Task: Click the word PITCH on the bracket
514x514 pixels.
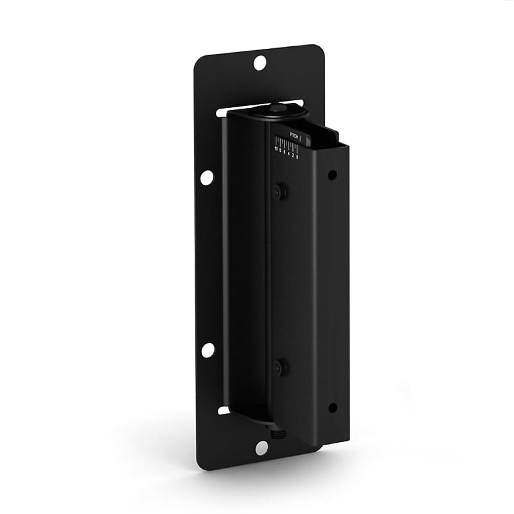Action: tap(294, 134)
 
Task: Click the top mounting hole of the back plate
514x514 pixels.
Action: tap(260, 63)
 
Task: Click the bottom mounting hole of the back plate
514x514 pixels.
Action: tap(261, 448)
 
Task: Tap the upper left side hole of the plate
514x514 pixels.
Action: tap(207, 177)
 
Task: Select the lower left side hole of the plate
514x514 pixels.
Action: tap(208, 350)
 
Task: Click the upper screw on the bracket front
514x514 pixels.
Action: tap(279, 191)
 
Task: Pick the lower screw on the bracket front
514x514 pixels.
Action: tap(279, 368)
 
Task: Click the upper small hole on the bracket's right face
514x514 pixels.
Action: tap(332, 175)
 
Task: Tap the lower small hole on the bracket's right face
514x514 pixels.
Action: tap(332, 407)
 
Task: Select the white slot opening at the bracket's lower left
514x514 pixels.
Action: tap(224, 409)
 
